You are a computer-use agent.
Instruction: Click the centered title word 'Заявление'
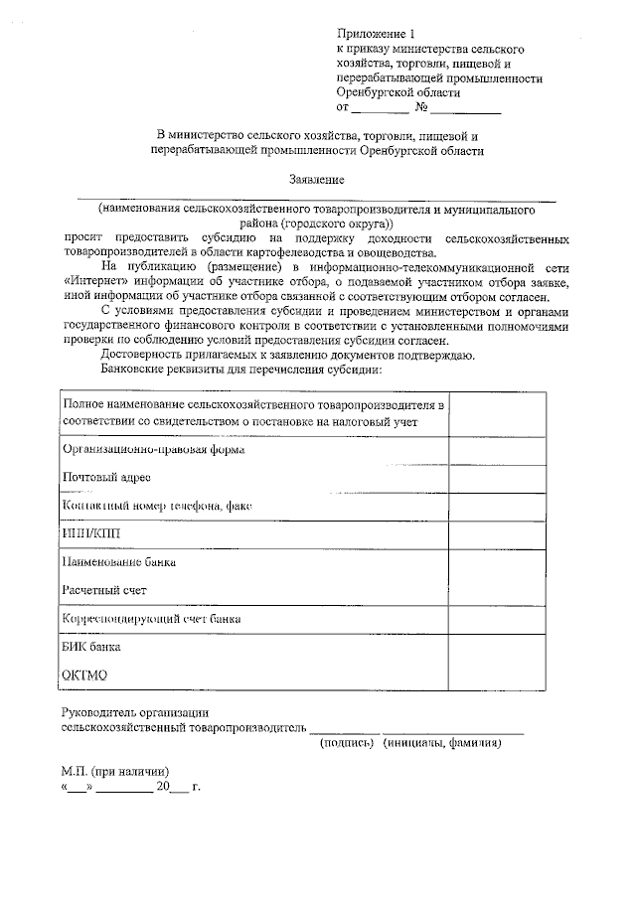pos(317,180)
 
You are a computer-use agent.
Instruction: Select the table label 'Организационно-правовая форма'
pos(153,449)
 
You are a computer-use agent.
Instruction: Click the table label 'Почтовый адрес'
pos(106,478)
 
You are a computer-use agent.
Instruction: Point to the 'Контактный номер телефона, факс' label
pos(157,506)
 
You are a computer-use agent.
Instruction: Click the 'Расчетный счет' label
pos(103,590)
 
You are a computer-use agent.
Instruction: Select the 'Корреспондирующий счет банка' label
pos(151,619)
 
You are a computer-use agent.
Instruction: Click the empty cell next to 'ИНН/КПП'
pos(497,534)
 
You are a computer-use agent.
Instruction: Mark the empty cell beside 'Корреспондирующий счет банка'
pos(497,619)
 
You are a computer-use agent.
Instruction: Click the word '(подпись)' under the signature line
pos(345,744)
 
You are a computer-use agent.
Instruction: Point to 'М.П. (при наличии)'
pos(115,772)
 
